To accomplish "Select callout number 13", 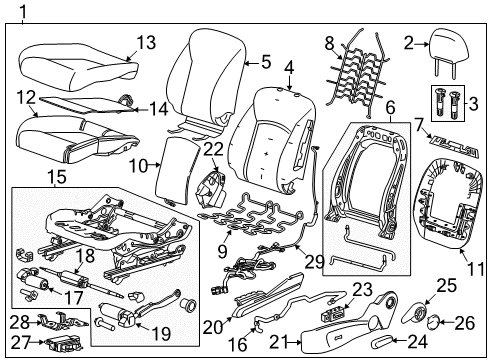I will pos(146,42).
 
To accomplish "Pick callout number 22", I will pos(211,149).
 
